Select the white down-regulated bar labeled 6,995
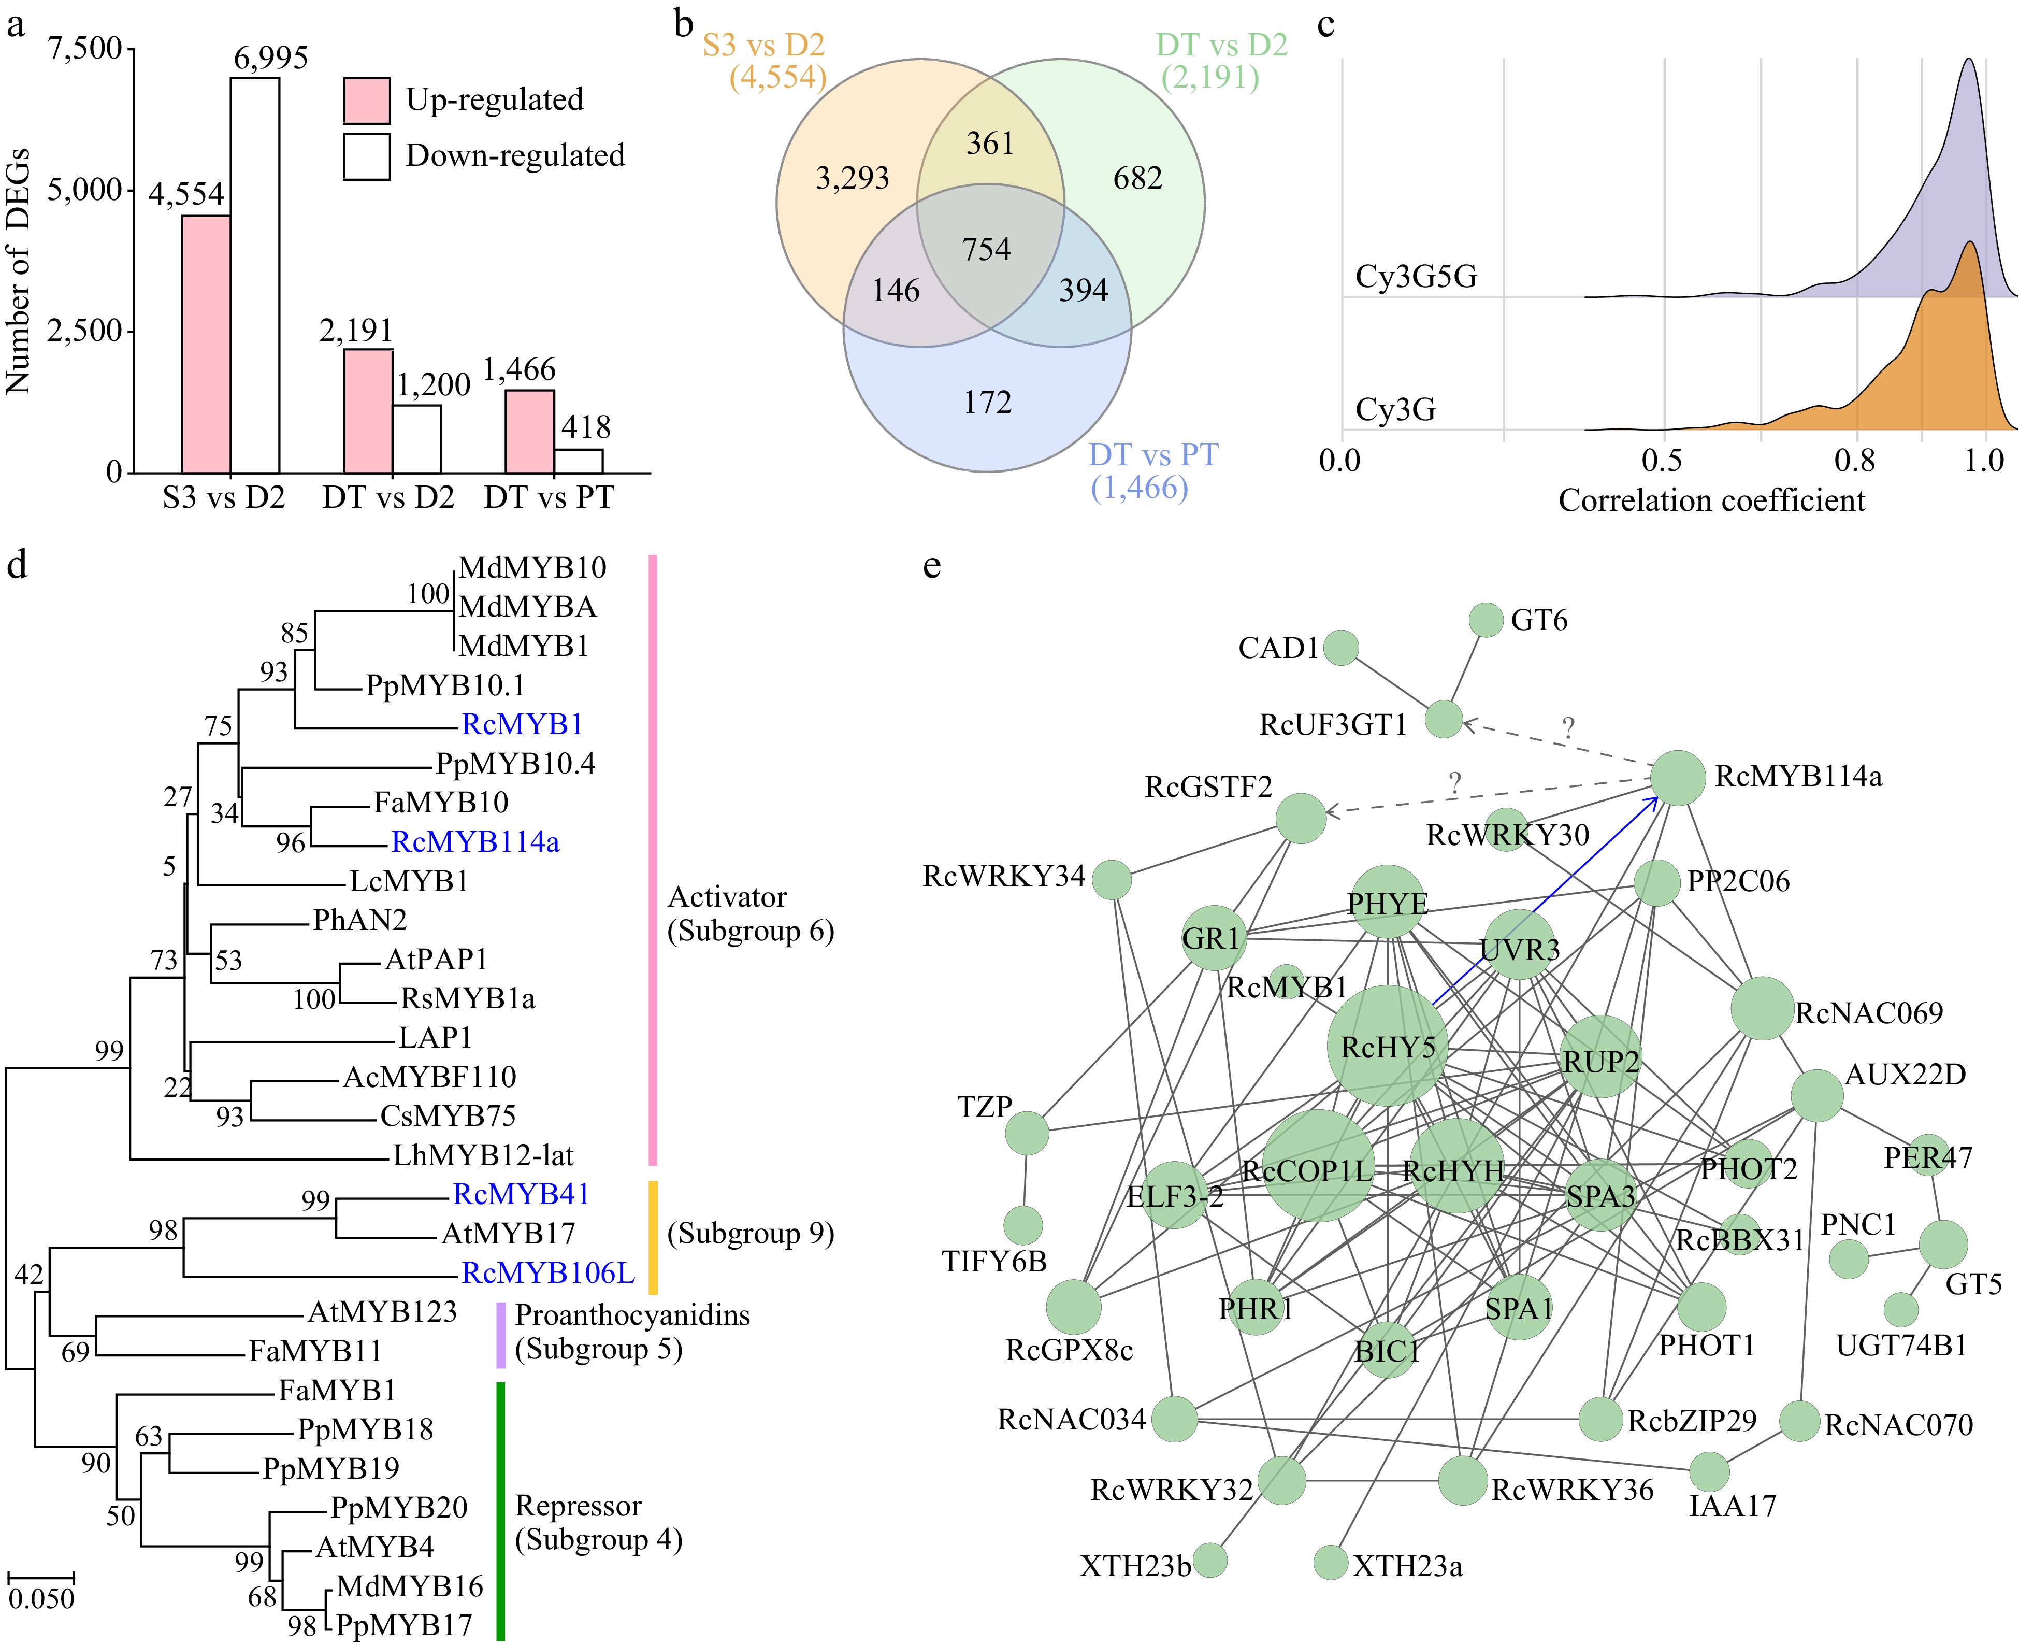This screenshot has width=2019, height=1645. click(x=255, y=275)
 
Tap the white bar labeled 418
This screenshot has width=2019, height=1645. click(x=578, y=461)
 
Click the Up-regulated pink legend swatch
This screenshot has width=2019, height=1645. click(x=367, y=101)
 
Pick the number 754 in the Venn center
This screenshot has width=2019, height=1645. click(x=986, y=249)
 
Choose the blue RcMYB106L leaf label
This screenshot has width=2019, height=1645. click(x=547, y=1272)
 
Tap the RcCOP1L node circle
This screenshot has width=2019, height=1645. click(x=1318, y=1166)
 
